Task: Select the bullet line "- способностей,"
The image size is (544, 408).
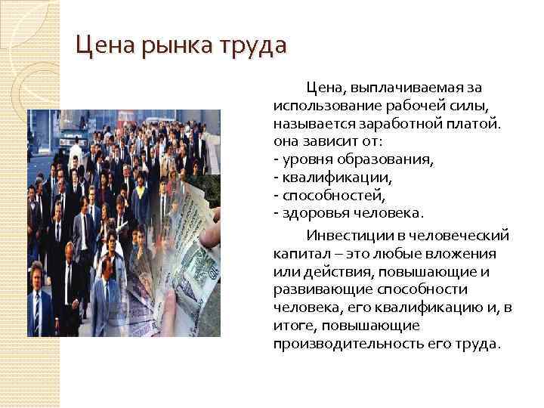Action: pos(323,194)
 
